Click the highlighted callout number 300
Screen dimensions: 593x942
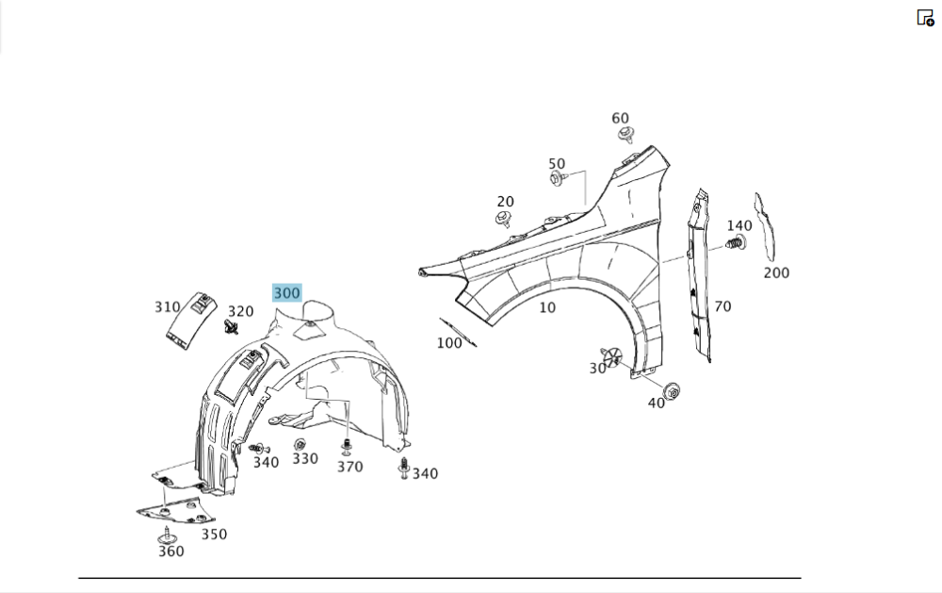click(287, 293)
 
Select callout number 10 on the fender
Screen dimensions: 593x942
click(547, 307)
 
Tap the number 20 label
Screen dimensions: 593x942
click(506, 202)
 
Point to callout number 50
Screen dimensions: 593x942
click(557, 164)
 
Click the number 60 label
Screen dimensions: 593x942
click(620, 119)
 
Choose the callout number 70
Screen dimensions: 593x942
click(723, 306)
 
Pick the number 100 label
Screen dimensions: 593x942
click(449, 343)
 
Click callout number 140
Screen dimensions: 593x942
click(739, 225)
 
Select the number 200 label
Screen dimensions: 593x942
click(776, 273)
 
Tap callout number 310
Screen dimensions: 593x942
click(167, 307)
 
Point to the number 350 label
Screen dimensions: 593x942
click(214, 535)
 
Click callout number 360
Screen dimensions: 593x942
click(171, 552)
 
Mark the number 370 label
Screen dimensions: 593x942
click(349, 467)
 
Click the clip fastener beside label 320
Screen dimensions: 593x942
click(231, 327)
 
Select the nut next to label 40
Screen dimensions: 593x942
click(672, 390)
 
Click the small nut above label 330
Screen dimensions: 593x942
click(300, 444)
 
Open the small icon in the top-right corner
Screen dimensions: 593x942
click(925, 17)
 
